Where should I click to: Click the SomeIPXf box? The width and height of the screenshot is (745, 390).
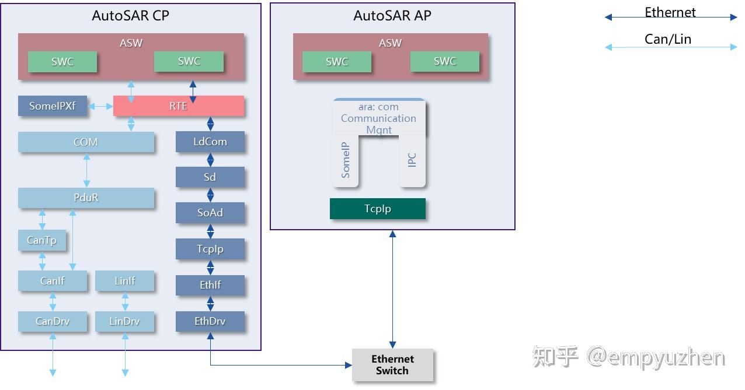[53, 106]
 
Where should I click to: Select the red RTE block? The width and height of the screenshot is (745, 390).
[178, 106]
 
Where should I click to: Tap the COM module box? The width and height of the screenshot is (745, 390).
[86, 142]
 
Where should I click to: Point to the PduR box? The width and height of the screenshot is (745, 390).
[86, 198]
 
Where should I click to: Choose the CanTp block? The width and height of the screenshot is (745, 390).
[41, 240]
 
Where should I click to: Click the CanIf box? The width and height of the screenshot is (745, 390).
[53, 281]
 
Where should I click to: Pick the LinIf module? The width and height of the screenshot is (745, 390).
[125, 281]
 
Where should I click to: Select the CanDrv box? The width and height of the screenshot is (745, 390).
[53, 321]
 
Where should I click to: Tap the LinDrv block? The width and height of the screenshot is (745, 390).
[125, 321]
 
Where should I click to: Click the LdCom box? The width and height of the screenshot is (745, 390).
[210, 142]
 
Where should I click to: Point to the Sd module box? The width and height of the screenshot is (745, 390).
[210, 177]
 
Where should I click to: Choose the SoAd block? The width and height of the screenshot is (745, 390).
[210, 213]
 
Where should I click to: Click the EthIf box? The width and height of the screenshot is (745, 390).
[210, 285]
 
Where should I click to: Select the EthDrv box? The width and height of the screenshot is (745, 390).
[210, 321]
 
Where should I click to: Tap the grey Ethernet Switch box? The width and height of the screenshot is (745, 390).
[392, 365]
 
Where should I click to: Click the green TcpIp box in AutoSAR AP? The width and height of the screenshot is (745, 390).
[378, 209]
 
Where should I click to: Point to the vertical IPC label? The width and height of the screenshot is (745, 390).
[412, 161]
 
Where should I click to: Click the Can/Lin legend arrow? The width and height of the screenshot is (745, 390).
[671, 47]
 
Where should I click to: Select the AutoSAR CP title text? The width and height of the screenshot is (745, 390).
[131, 16]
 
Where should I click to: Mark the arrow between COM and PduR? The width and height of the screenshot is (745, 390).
[86, 170]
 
